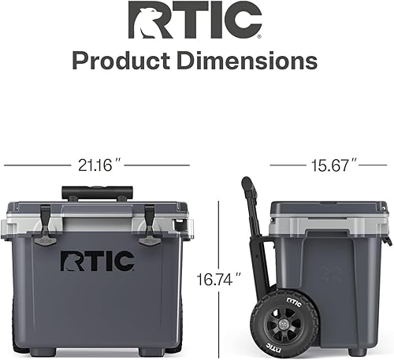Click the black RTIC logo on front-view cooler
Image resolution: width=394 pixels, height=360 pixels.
pos(98,260)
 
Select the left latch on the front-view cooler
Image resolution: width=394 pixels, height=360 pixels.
pos(48,223)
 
